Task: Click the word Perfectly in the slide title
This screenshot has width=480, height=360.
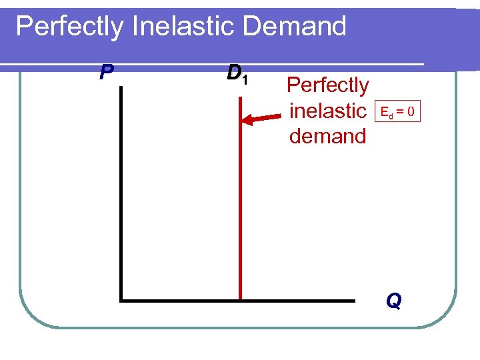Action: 71,27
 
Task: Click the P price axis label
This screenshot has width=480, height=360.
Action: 105,71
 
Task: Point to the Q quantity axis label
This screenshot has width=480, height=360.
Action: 393,302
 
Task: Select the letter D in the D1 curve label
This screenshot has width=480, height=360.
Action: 233,71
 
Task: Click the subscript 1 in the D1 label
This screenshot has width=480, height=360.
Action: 245,79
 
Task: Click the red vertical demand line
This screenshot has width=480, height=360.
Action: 239,200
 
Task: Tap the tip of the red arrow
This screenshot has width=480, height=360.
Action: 244,121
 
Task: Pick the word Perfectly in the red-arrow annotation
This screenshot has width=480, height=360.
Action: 327,85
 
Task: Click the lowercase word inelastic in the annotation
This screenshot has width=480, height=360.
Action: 327,111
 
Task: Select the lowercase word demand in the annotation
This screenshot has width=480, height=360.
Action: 327,136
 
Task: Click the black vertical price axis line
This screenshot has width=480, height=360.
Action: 121,193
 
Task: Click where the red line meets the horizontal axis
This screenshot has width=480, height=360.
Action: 239,301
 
